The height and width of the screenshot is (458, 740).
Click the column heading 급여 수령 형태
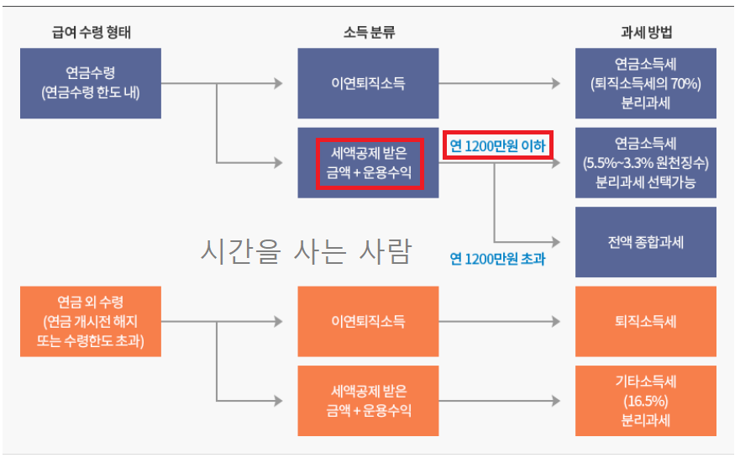(x=91, y=33)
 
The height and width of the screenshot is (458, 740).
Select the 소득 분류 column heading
(x=369, y=33)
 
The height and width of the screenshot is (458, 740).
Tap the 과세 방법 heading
(x=646, y=33)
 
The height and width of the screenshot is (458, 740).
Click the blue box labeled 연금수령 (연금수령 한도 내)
(x=91, y=82)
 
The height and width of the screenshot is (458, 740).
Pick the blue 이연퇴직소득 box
(x=368, y=83)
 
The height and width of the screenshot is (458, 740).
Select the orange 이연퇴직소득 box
(x=368, y=321)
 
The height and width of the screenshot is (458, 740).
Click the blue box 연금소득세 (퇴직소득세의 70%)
(x=645, y=83)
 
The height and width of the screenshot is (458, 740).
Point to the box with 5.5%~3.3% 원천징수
(x=645, y=162)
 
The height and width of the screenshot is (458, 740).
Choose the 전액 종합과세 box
(x=645, y=242)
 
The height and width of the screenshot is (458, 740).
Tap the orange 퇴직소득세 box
(x=645, y=321)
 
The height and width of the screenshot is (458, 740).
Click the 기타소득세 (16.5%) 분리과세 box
(x=645, y=401)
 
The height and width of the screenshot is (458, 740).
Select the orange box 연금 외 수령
(x=91, y=322)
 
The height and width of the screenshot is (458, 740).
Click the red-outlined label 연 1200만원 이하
(x=497, y=145)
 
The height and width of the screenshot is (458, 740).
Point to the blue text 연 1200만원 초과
(x=497, y=258)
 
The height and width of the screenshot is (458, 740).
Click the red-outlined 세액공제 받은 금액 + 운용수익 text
(x=369, y=162)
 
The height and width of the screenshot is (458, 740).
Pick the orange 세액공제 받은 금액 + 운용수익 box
(x=368, y=401)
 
